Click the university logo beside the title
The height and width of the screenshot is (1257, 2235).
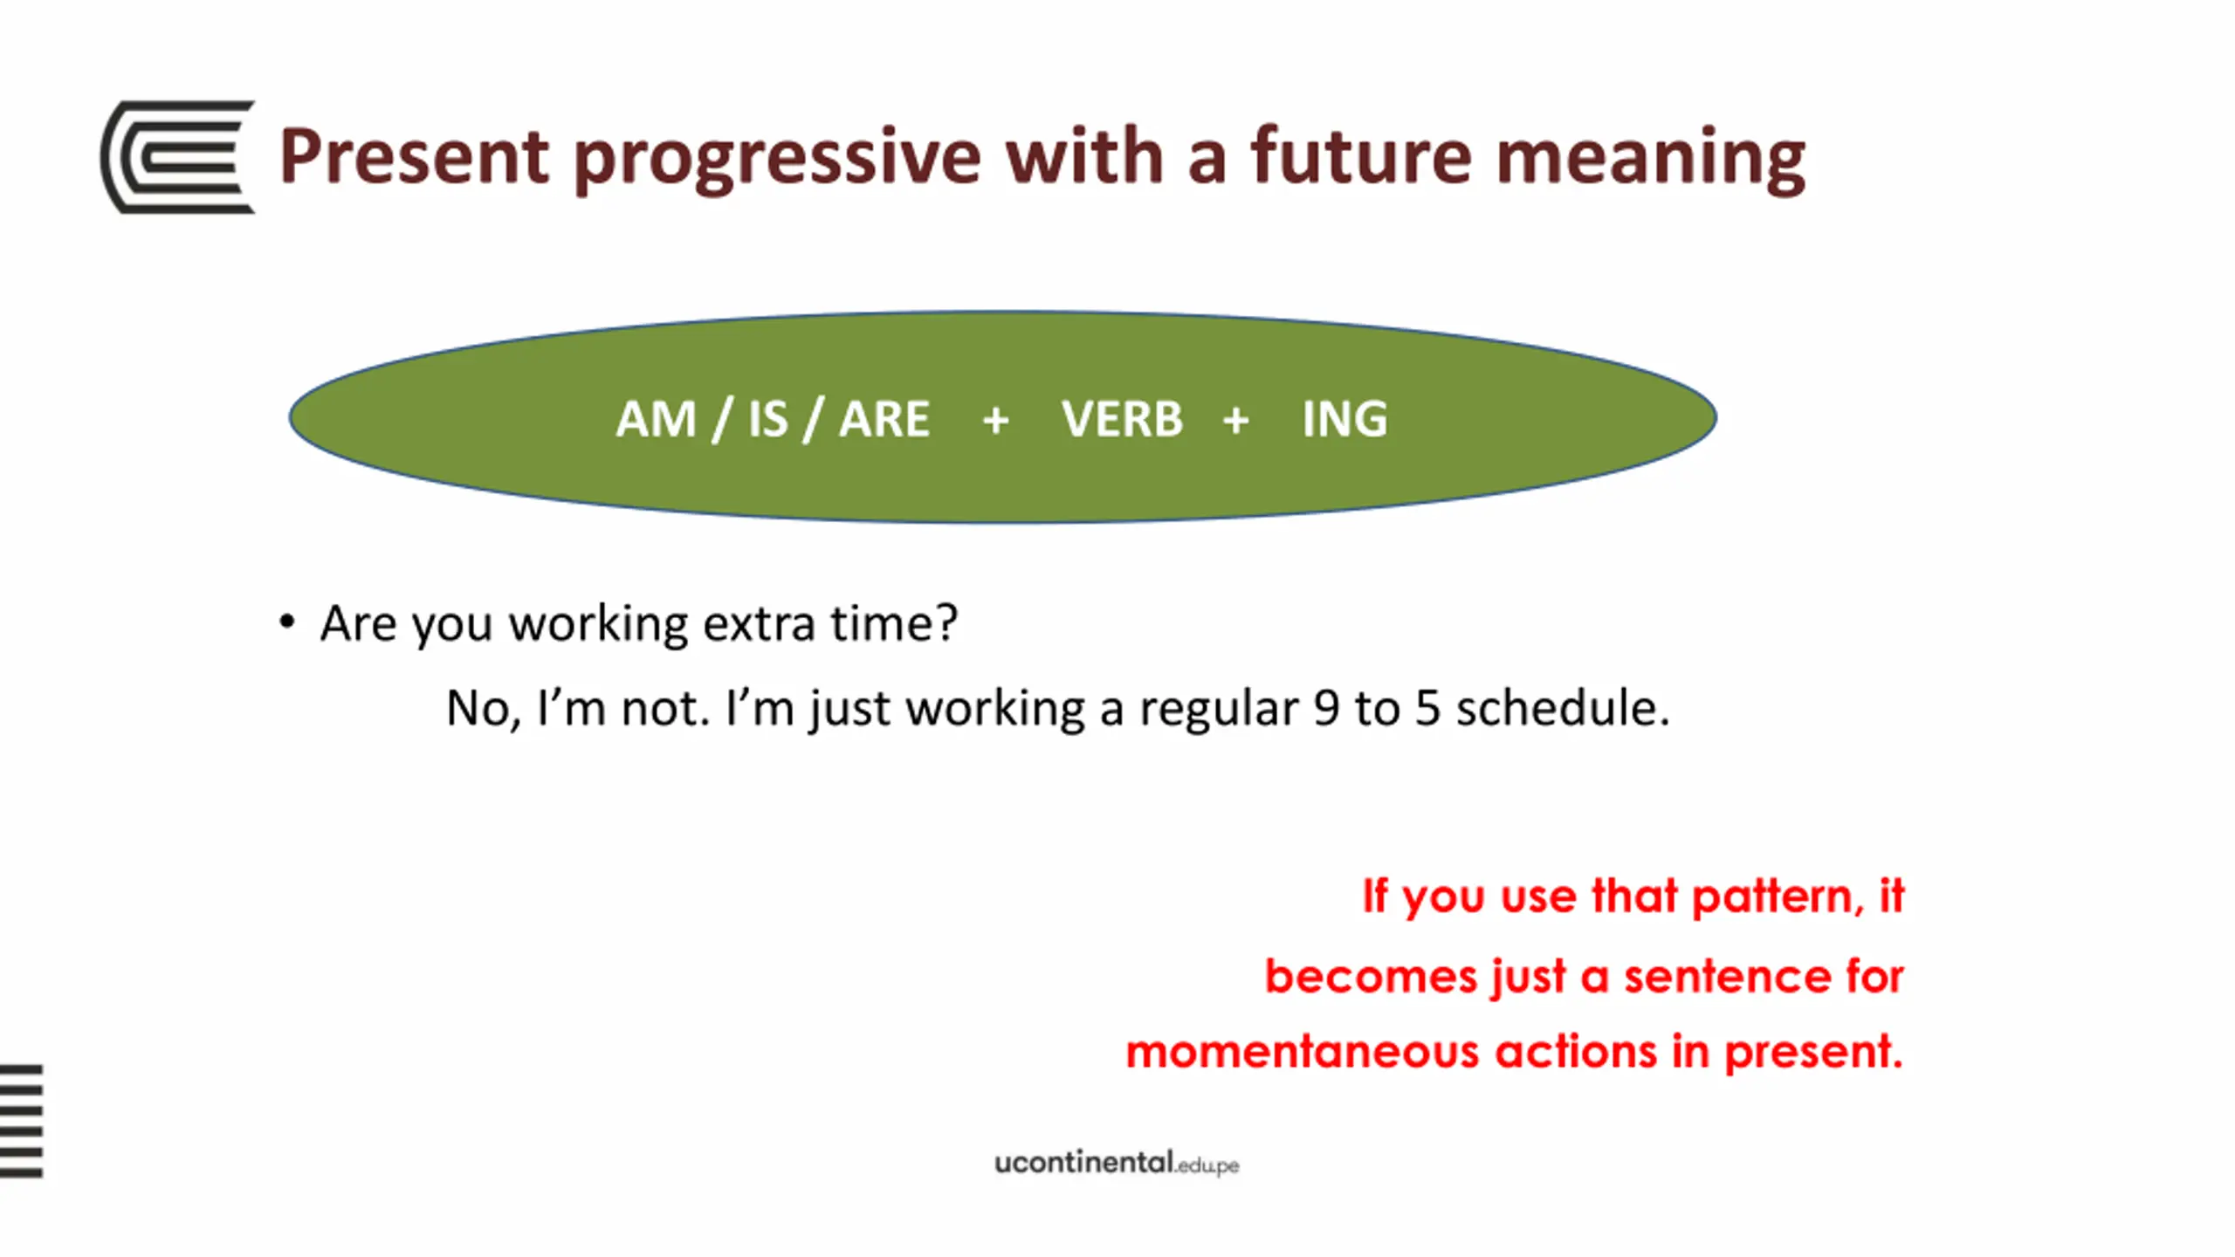[178, 157]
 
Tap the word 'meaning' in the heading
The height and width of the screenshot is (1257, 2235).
[1650, 160]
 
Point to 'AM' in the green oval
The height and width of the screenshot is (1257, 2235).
[656, 419]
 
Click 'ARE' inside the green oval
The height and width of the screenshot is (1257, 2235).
[884, 419]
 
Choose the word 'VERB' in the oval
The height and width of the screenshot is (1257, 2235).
[1122, 419]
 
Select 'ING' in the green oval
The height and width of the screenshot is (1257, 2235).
[1344, 419]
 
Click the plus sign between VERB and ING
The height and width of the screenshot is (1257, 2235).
[1235, 421]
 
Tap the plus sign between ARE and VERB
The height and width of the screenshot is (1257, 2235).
[995, 421]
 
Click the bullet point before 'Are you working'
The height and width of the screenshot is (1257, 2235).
[286, 622]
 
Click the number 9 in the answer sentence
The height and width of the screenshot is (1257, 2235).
[1326, 707]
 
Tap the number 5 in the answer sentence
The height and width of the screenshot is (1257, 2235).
[1427, 707]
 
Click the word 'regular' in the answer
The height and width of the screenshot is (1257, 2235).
[1219, 709]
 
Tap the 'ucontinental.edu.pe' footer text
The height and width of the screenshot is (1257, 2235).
[1117, 1163]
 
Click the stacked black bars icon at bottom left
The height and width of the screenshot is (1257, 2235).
[21, 1121]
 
